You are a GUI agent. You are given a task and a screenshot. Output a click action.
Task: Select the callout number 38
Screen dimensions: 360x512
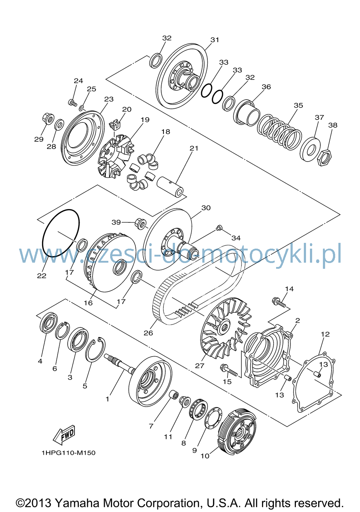333,125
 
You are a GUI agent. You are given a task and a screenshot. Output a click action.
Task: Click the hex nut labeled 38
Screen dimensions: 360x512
325,158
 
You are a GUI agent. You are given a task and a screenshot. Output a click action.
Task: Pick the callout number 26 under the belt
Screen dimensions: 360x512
148,333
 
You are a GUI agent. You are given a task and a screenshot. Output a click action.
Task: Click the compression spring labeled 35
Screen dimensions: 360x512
279,132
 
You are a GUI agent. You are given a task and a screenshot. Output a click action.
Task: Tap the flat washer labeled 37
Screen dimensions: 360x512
310,149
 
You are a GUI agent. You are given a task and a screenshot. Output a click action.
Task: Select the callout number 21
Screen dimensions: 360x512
194,148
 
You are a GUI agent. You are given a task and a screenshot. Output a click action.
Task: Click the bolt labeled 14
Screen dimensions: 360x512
279,302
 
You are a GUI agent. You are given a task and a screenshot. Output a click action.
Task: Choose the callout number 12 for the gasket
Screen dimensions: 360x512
325,334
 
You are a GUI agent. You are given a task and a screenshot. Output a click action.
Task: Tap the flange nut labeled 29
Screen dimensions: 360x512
48,119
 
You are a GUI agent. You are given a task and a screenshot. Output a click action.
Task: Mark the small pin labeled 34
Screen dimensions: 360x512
219,228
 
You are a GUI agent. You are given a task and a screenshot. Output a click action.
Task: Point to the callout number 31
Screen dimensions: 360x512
215,40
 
